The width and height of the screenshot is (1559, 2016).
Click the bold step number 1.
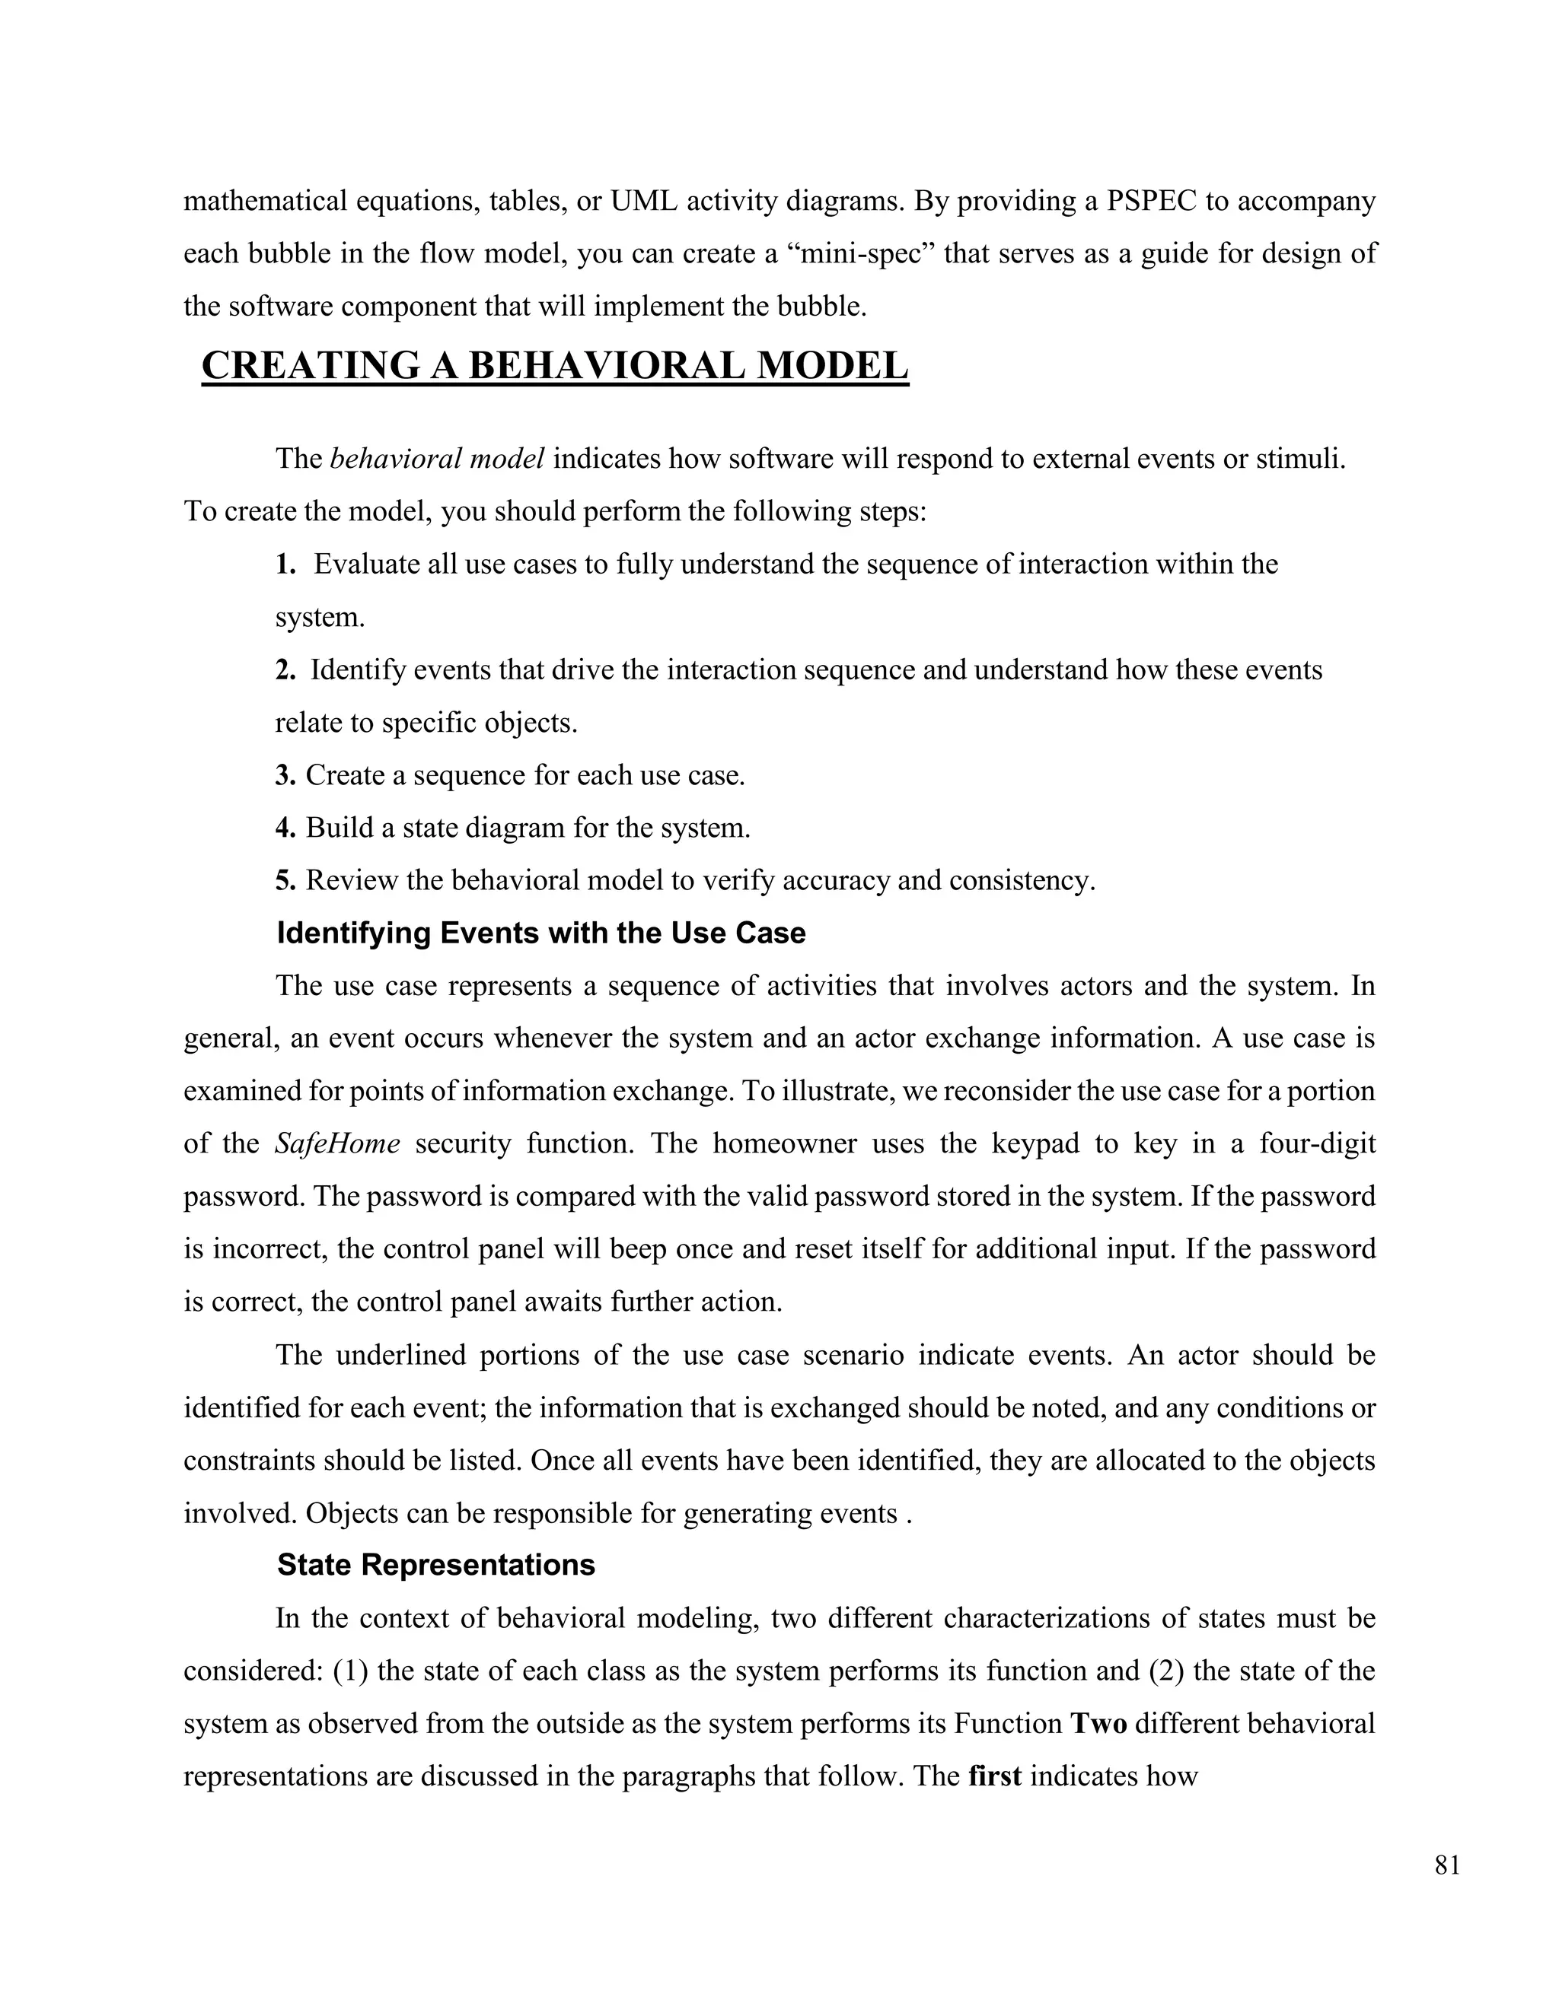tap(285, 564)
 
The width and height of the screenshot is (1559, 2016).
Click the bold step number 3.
tap(285, 774)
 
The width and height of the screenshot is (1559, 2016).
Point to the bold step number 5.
tap(285, 879)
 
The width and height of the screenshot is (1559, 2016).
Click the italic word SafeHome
tap(337, 1143)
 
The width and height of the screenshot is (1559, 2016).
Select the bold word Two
tap(1098, 1723)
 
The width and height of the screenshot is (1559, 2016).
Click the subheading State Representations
tap(436, 1565)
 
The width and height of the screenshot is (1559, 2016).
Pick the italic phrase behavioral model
tap(436, 459)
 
